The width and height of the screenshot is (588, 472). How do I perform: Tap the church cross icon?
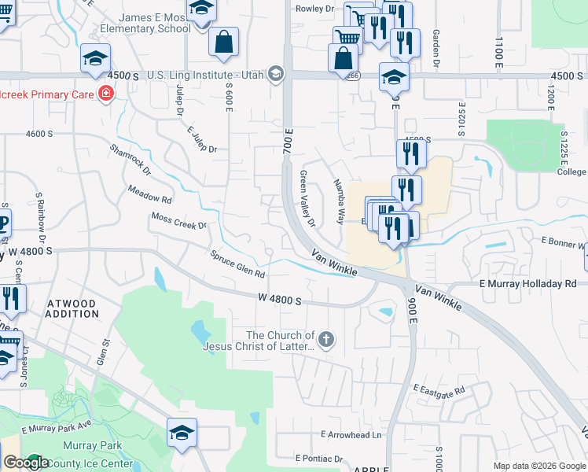pyautogui.click(x=325, y=340)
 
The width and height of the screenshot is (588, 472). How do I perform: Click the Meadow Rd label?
pyautogui.click(x=149, y=194)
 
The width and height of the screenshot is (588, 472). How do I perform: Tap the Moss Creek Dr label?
pyautogui.click(x=178, y=221)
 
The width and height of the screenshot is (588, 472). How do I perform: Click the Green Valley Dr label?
pyautogui.click(x=307, y=200)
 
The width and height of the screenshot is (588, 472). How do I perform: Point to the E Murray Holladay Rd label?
pyautogui.click(x=527, y=283)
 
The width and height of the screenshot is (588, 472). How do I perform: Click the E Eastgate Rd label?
pyautogui.click(x=439, y=389)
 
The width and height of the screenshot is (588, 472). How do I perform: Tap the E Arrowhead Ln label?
pyautogui.click(x=351, y=434)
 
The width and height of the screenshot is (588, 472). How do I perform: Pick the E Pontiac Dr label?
pyautogui.click(x=319, y=458)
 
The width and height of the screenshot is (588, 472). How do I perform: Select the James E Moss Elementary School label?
pyautogui.click(x=145, y=23)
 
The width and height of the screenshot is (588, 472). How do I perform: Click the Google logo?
pyautogui.click(x=26, y=463)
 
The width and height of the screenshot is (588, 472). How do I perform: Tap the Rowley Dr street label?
pyautogui.click(x=314, y=9)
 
